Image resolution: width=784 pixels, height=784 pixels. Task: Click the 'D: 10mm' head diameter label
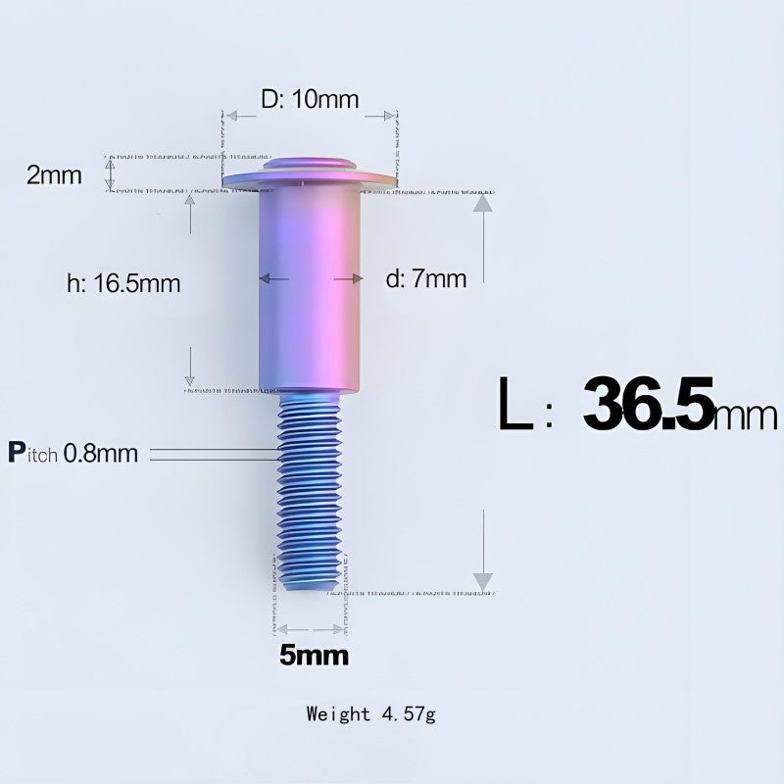click(309, 99)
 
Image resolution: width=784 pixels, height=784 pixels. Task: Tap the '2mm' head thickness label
click(55, 175)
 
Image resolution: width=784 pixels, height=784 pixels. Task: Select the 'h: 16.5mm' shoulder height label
click(123, 283)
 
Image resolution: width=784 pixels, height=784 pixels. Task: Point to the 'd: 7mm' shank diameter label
click(426, 279)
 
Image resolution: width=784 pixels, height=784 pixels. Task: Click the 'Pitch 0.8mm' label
click(73, 453)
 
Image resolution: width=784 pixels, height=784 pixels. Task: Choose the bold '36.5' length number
click(648, 404)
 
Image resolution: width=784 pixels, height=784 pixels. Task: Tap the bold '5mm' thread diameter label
click(314, 656)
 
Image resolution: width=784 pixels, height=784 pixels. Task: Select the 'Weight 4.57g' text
click(370, 713)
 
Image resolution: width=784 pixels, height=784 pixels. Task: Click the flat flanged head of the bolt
click(310, 179)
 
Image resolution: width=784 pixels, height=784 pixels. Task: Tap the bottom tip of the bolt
click(310, 586)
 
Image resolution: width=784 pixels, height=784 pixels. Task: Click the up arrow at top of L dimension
click(480, 203)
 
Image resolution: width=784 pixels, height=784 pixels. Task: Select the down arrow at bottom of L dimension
click(480, 580)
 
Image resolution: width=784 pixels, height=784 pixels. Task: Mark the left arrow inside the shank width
click(267, 279)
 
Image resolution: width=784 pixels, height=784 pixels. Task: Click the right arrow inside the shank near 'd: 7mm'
click(353, 279)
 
